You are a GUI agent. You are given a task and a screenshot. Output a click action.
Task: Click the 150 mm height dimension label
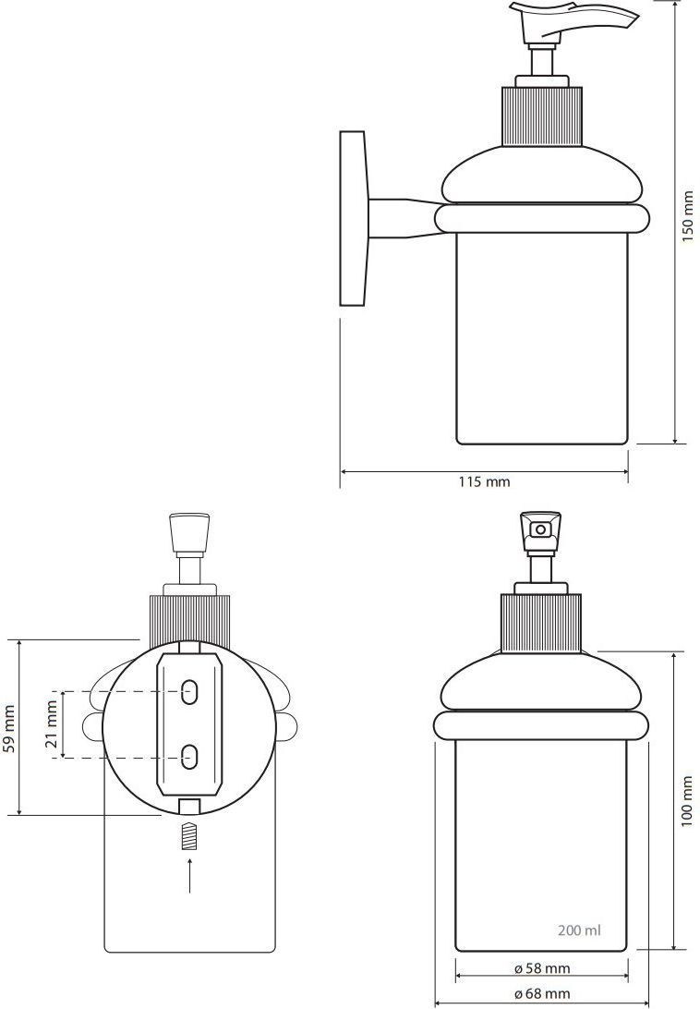pyautogui.click(x=688, y=215)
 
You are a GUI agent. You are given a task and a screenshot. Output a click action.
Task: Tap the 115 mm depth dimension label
pyautogui.click(x=484, y=481)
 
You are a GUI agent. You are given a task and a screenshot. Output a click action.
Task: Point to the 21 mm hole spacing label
pyautogui.click(x=52, y=725)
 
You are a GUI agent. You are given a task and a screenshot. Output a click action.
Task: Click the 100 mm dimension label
pyautogui.click(x=688, y=801)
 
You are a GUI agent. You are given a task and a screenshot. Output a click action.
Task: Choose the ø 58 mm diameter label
pyautogui.click(x=542, y=967)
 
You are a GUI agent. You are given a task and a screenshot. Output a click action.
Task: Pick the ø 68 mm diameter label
pyautogui.click(x=542, y=993)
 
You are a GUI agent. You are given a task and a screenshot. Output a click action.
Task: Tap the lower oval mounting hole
pyautogui.click(x=189, y=756)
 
